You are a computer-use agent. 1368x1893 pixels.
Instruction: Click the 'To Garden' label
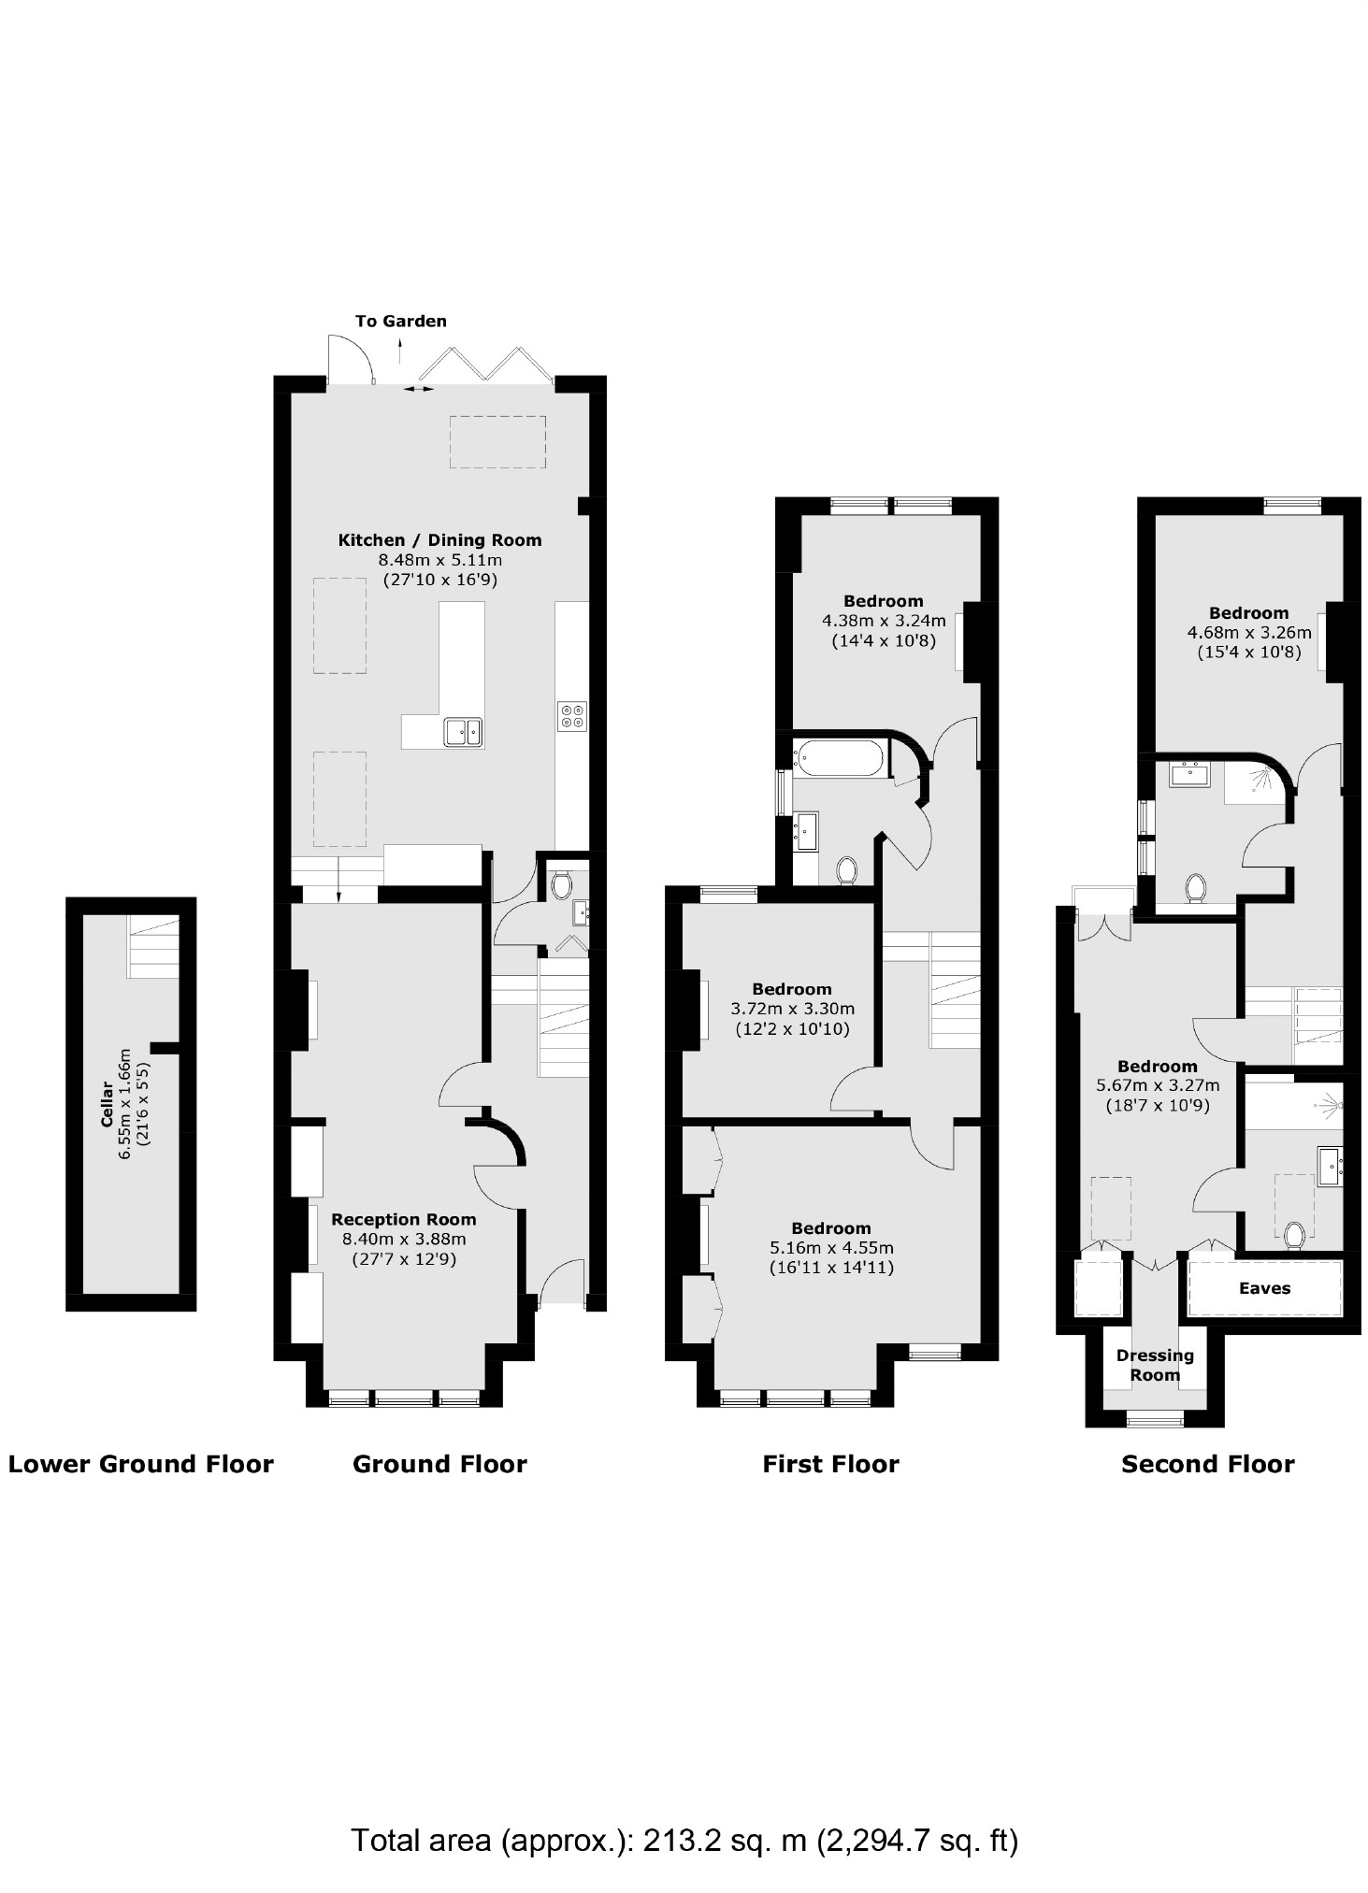400,321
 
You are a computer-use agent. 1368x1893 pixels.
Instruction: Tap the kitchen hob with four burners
571,715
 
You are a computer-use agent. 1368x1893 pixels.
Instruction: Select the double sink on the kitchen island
463,731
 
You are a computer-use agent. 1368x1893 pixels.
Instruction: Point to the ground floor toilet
561,883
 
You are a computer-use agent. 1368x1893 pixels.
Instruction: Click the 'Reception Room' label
403,1219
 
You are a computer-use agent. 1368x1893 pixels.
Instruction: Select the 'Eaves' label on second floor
1264,1288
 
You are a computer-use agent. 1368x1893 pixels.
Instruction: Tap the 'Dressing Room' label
1155,1365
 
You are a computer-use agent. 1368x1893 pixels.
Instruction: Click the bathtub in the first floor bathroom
838,758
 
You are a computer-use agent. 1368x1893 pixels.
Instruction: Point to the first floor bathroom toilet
846,870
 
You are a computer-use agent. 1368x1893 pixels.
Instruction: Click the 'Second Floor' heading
1207,1464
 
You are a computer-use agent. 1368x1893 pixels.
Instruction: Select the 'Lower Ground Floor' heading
140,1464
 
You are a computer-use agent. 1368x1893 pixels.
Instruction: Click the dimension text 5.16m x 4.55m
831,1248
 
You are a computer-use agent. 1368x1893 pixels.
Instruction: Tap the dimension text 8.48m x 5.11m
439,560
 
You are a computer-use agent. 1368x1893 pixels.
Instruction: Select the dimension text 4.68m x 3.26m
1248,633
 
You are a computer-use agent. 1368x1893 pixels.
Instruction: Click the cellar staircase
152,946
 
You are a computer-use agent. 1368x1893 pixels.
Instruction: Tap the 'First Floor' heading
830,1464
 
